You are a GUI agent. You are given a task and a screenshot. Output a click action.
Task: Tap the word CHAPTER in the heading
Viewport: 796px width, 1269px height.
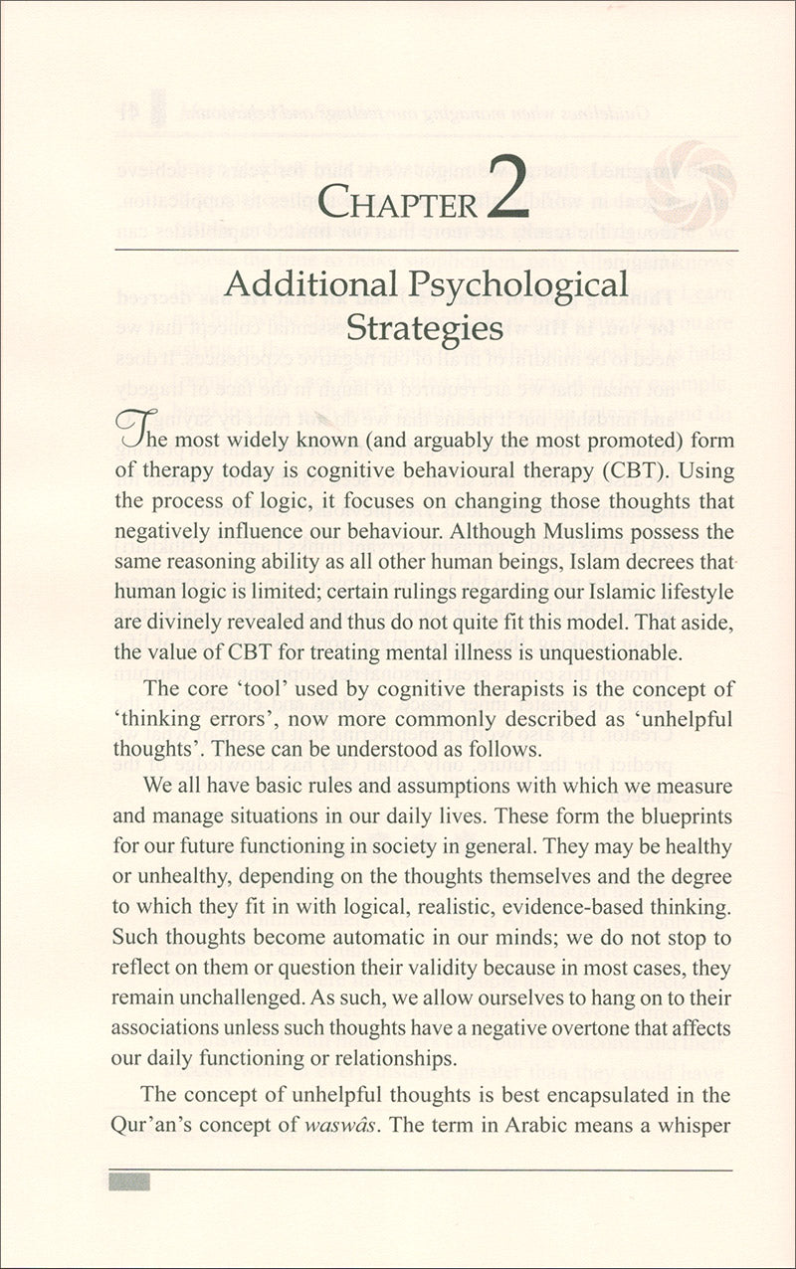click(x=398, y=203)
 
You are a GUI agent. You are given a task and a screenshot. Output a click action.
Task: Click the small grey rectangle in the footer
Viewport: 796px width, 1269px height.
click(x=126, y=1181)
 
